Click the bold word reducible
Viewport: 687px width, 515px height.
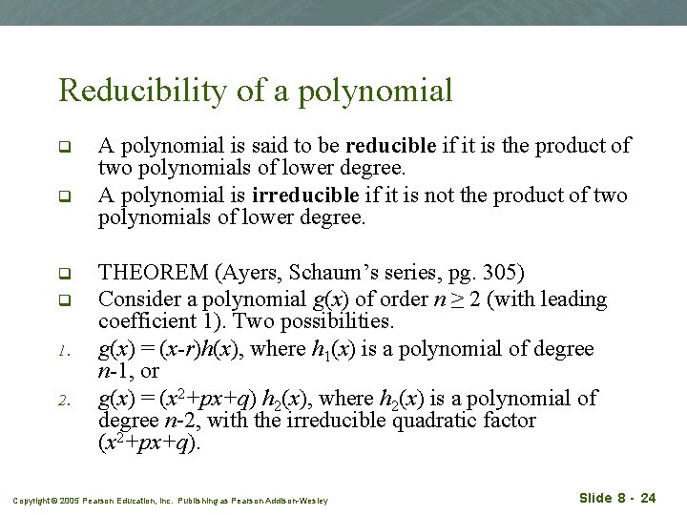pos(390,146)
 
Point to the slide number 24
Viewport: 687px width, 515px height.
pos(648,498)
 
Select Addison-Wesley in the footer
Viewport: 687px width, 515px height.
pos(298,500)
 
